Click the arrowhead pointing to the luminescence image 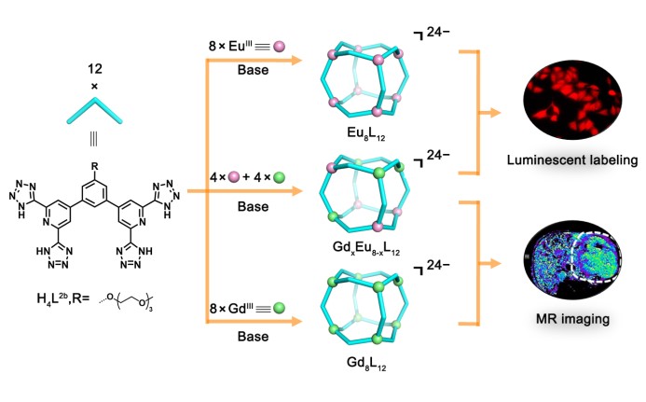point(502,113)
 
